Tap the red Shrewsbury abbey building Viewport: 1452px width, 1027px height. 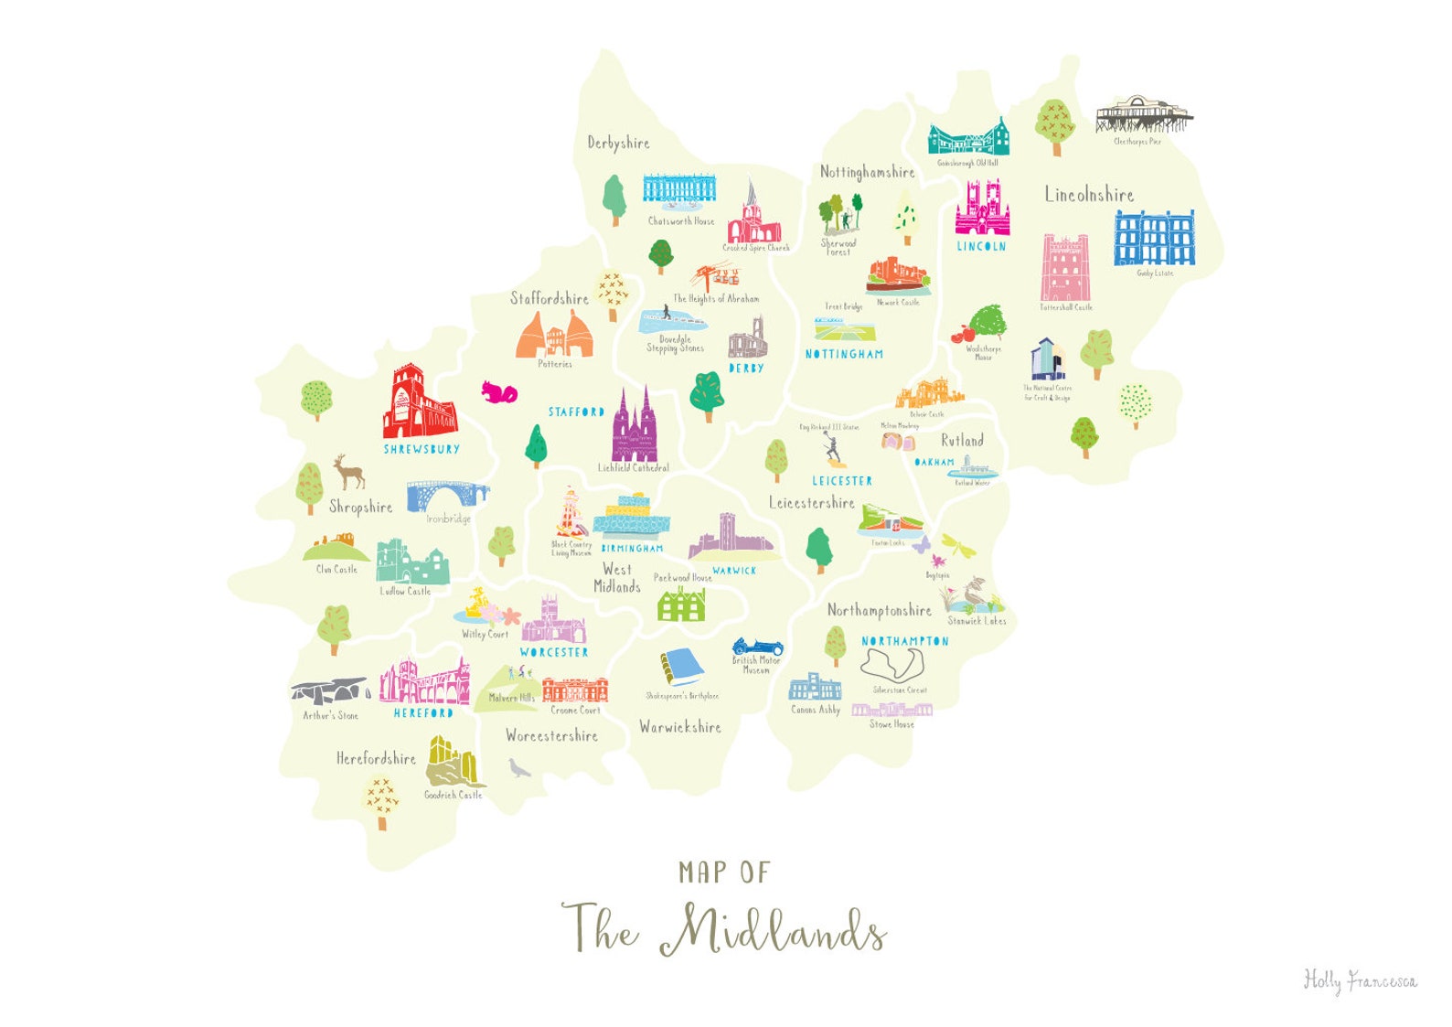[x=419, y=403]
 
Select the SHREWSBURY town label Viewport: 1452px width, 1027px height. [x=422, y=449]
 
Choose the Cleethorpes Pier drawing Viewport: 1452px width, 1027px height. [x=1143, y=114]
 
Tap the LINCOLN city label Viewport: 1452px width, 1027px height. [x=981, y=246]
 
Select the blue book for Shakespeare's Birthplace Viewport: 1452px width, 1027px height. [x=680, y=667]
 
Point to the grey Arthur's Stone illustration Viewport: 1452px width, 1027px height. [x=330, y=690]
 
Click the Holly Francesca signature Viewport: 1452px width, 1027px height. [x=1360, y=980]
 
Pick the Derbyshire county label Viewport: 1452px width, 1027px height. [x=618, y=143]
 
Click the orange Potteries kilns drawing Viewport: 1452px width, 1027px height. [x=554, y=336]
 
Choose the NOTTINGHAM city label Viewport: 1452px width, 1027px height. [x=844, y=354]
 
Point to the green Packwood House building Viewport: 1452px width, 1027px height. [x=682, y=604]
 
